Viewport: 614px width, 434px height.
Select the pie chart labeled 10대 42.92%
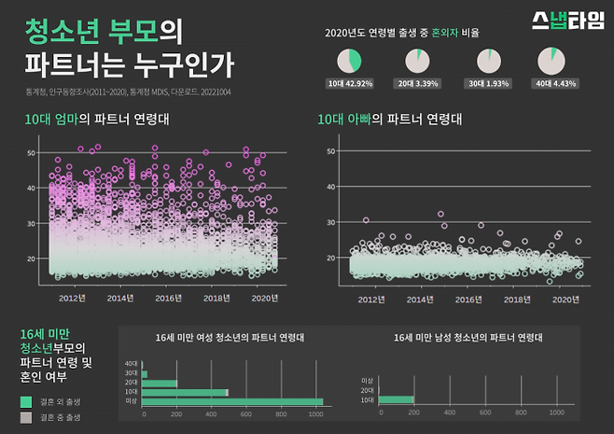coord(349,62)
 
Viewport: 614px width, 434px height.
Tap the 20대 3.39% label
coord(418,84)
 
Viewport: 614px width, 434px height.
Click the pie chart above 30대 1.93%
coord(488,62)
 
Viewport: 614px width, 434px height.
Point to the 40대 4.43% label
coord(556,84)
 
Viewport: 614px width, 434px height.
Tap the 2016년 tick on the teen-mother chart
coord(168,298)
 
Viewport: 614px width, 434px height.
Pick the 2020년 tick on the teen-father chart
coord(566,300)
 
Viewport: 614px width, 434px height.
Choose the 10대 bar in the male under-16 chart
coord(395,399)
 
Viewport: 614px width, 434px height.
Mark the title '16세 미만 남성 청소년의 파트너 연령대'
coord(467,337)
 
